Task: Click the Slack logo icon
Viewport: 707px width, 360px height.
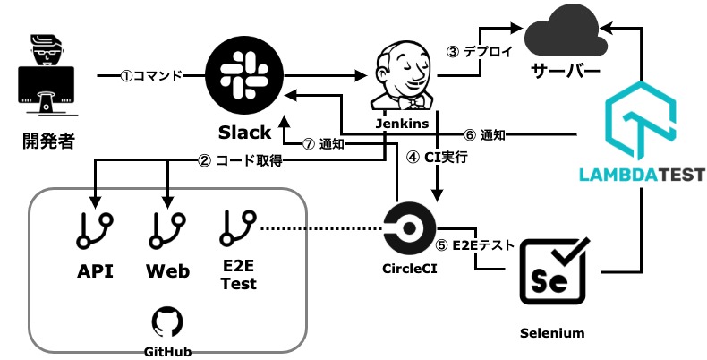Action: click(x=243, y=76)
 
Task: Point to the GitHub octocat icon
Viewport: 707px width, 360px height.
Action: click(x=166, y=321)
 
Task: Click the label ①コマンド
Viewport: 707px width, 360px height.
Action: click(x=151, y=76)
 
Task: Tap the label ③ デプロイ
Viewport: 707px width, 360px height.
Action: click(x=480, y=51)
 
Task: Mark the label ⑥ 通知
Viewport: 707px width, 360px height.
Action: click(x=484, y=135)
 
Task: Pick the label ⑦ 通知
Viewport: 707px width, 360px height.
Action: click(x=323, y=143)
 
